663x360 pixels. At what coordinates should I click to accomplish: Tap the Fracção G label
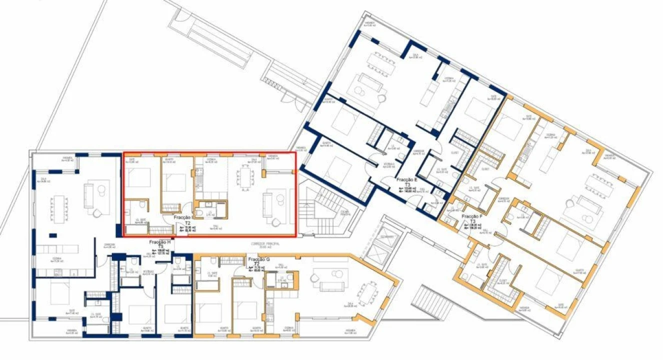(258, 260)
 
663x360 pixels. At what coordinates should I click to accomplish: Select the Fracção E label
(407, 179)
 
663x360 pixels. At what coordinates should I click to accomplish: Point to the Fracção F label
(472, 216)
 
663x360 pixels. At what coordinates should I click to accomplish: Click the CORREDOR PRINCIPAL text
(265, 244)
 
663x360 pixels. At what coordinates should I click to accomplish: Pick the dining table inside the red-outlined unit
(245, 176)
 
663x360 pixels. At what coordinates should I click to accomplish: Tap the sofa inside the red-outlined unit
(269, 206)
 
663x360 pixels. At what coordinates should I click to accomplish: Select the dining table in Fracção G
(370, 292)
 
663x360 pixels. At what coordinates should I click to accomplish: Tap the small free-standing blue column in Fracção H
(52, 235)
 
